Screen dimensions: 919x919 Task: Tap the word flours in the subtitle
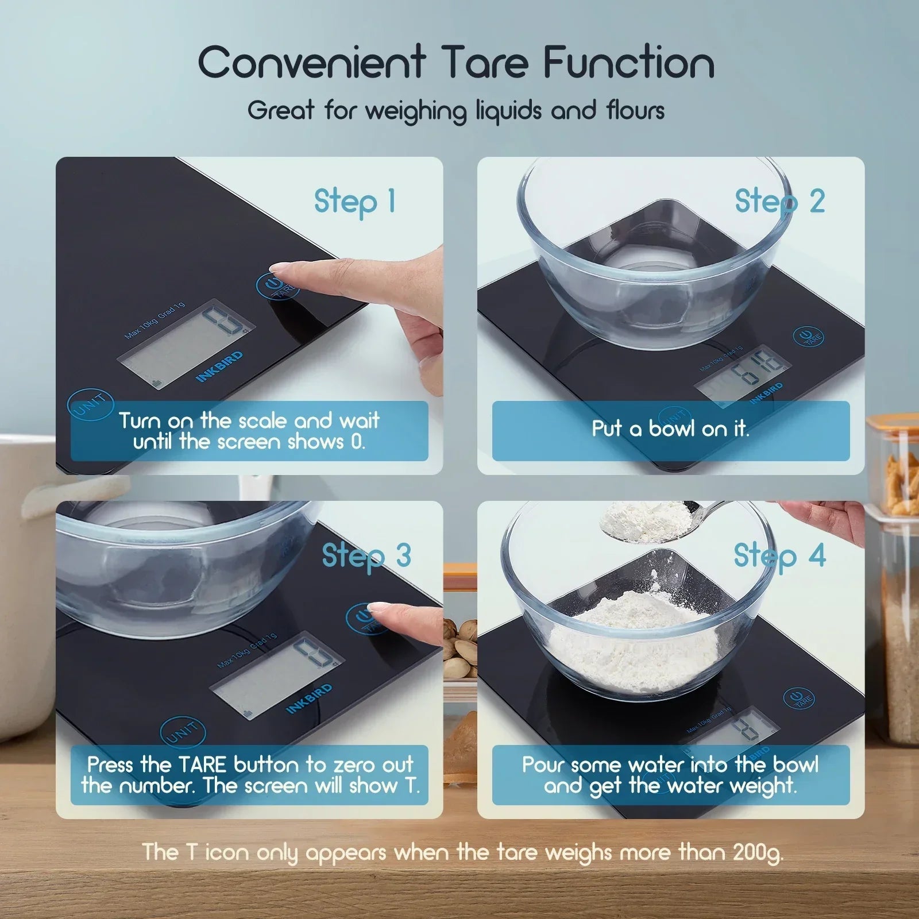coord(635,110)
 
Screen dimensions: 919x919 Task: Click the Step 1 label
coord(354,201)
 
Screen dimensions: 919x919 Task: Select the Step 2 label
coord(779,201)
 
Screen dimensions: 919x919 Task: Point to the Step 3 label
coord(366,555)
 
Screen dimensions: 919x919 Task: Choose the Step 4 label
coord(779,555)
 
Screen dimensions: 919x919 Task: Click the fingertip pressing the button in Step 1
coord(281,268)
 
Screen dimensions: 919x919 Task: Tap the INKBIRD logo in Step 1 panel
coord(219,366)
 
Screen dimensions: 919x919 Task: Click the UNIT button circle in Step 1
coord(90,405)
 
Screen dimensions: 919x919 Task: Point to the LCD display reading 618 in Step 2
coord(742,372)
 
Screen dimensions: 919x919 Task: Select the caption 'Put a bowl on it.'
coord(670,429)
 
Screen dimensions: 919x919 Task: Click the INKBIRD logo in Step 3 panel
coord(309,698)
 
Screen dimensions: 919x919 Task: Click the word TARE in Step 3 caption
coord(203,764)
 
